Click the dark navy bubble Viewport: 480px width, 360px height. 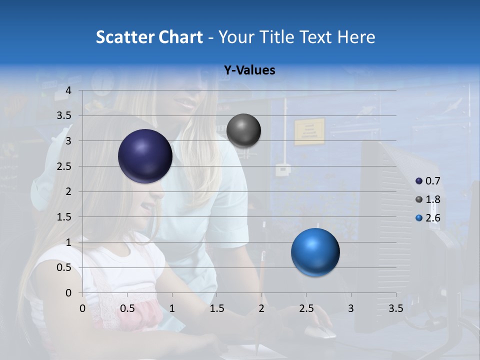(145, 156)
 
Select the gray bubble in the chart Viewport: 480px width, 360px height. (243, 130)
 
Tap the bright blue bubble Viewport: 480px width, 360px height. (315, 252)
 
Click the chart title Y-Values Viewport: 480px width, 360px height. (249, 70)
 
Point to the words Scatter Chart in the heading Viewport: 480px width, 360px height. (149, 37)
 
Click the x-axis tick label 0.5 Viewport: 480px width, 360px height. (127, 308)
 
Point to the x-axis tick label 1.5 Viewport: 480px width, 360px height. (216, 308)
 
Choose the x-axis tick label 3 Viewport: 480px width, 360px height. (351, 308)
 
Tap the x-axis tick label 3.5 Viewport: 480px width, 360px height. (395, 308)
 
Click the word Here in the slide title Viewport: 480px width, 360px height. (356, 37)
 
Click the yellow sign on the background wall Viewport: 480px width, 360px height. (309, 131)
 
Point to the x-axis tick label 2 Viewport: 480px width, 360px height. (261, 308)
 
